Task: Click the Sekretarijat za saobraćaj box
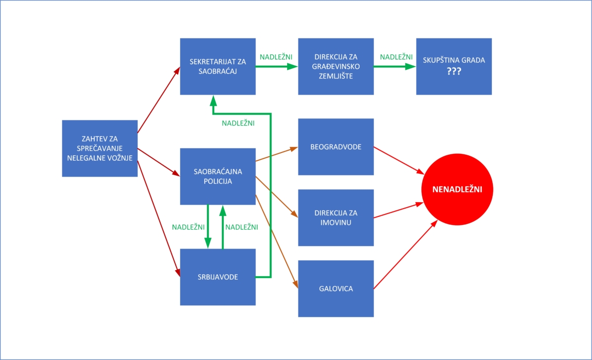coord(218,66)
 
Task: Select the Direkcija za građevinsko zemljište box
coord(336,66)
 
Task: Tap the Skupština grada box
coord(454,66)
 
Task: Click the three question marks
coord(454,72)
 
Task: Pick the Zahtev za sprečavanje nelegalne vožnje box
coord(100,148)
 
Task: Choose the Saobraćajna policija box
coord(218,177)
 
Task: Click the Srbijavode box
coord(218,277)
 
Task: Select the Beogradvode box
coord(336,147)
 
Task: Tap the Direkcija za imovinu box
coord(336,217)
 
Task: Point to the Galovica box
coord(336,288)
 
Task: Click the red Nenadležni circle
coord(457,189)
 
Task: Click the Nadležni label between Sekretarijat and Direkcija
coord(276,57)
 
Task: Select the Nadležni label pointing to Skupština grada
coord(396,57)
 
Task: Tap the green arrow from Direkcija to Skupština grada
coord(395,66)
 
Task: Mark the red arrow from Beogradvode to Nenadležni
coord(399,161)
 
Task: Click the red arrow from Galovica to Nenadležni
coord(406,254)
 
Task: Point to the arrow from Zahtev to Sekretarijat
coord(159,100)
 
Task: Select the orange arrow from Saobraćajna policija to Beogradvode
coord(277,154)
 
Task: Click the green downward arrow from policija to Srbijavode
coord(208,227)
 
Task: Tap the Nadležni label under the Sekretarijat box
coord(238,123)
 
